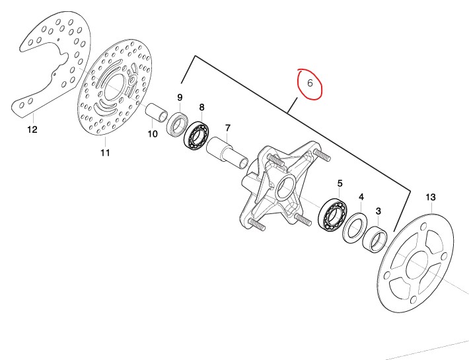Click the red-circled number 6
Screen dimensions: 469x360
(x=310, y=83)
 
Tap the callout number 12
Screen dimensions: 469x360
(x=32, y=129)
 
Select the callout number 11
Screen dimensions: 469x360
(x=105, y=153)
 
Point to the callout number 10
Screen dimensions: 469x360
(x=153, y=134)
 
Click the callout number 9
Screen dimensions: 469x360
(x=180, y=98)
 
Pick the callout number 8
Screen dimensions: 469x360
(x=202, y=108)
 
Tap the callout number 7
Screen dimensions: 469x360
(x=228, y=128)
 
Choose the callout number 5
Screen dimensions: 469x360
(x=340, y=183)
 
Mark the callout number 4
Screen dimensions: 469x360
(x=361, y=197)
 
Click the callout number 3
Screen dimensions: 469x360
(x=379, y=211)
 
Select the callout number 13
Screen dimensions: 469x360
(x=431, y=198)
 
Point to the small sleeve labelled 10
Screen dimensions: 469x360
(x=157, y=112)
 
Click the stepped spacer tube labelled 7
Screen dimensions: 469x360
(x=227, y=153)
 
